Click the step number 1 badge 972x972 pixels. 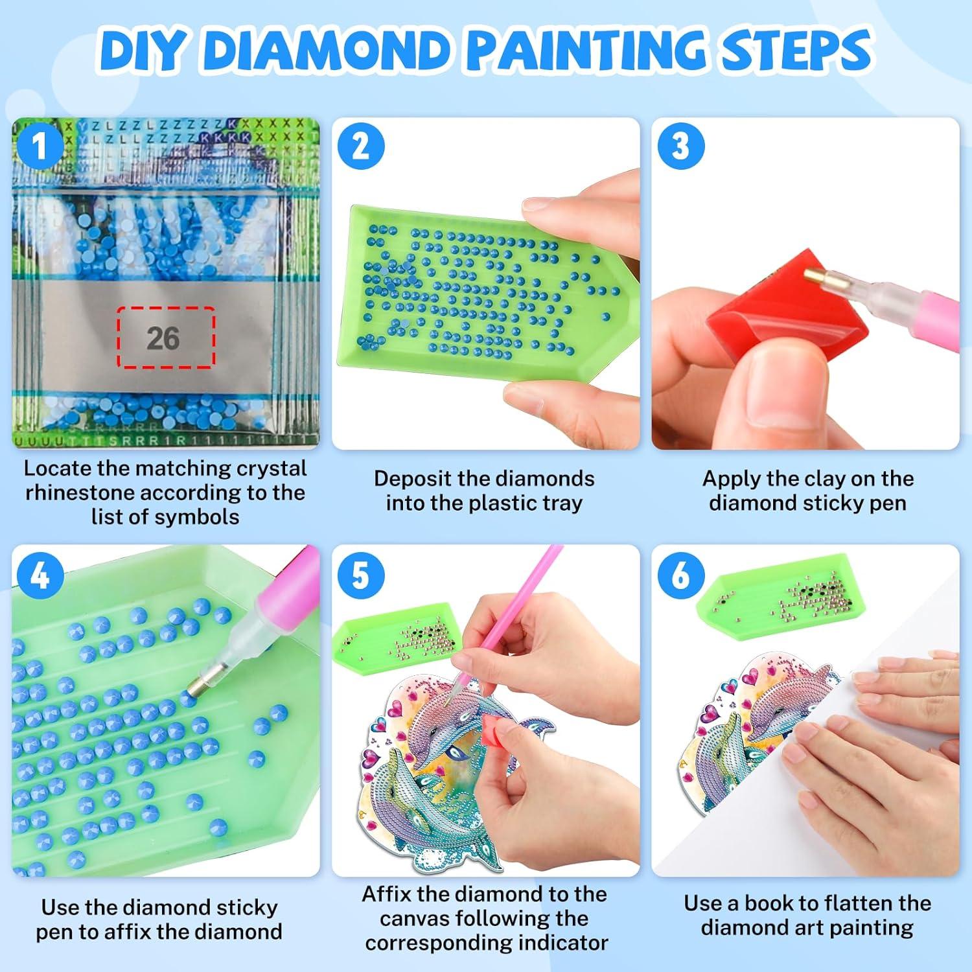point(40,146)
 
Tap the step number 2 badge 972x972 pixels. point(361,146)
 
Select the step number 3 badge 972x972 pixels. point(680,146)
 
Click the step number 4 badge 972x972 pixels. point(40,574)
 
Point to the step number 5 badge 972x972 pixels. point(361,574)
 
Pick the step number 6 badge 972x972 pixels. point(680,574)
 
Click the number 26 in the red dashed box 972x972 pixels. point(163,338)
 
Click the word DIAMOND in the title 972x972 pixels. point(329,51)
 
